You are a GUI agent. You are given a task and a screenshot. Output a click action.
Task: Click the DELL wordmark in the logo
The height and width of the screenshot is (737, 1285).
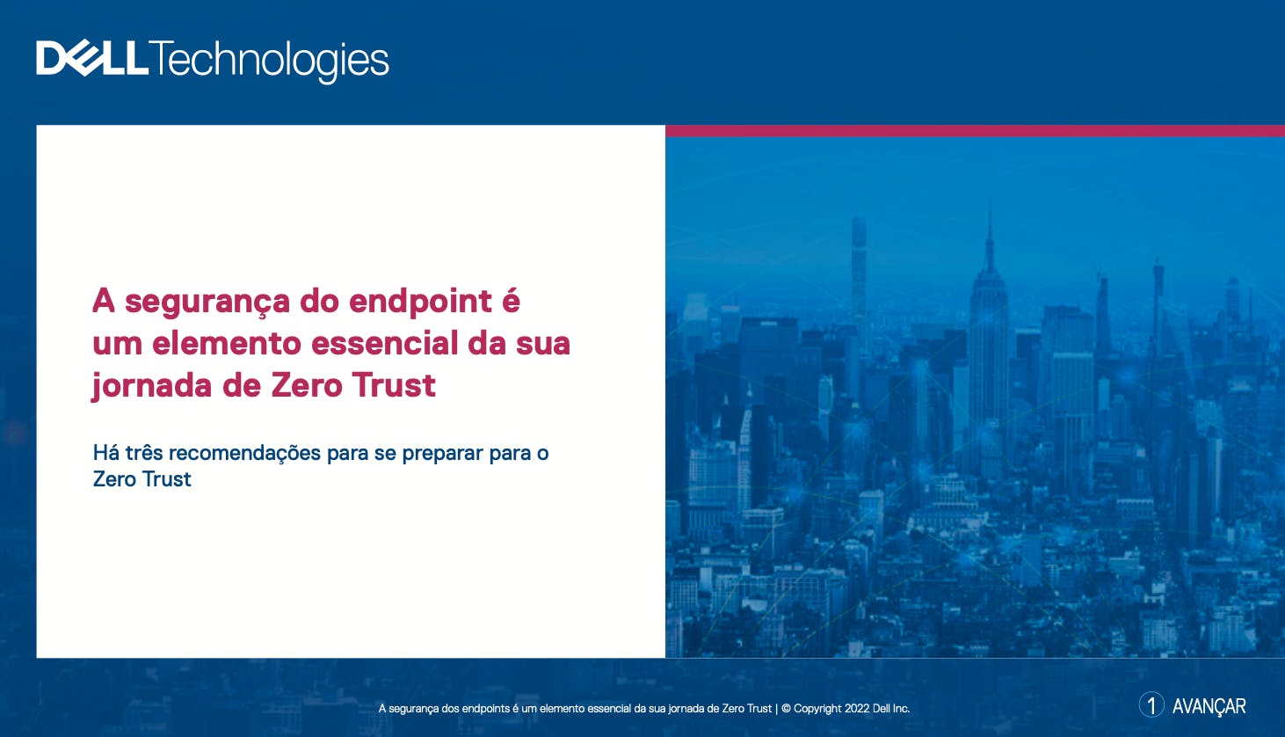[92, 58]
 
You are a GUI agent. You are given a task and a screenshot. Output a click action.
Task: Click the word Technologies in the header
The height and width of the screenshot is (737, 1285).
[269, 62]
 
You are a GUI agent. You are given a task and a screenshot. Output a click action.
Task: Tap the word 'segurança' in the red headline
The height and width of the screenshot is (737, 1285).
[207, 303]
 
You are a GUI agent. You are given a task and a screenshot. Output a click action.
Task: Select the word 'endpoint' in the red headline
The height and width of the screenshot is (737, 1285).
[420, 303]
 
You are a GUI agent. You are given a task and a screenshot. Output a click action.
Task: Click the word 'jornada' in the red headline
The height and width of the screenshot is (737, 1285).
[152, 386]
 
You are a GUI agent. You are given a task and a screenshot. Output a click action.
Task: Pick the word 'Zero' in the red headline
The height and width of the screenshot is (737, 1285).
[307, 385]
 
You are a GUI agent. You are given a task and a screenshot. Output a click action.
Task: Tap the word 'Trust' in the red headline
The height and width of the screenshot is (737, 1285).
[394, 385]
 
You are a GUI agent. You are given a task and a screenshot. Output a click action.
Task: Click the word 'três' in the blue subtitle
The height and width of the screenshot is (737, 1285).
[144, 453]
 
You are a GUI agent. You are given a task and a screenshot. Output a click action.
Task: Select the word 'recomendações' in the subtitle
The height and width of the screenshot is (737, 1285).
[245, 454]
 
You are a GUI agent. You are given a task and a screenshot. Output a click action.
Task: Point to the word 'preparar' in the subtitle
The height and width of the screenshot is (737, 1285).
[443, 455]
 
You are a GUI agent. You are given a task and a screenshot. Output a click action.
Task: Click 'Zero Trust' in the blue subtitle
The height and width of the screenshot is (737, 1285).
[142, 479]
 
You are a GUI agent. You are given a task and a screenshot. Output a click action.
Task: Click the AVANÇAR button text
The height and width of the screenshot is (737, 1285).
[1209, 706]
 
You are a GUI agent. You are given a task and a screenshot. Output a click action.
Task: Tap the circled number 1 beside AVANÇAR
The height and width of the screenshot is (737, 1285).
[1151, 704]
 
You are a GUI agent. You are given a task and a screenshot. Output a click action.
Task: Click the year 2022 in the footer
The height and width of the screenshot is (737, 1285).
[857, 708]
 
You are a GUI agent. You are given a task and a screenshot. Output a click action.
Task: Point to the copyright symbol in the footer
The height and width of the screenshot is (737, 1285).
[787, 708]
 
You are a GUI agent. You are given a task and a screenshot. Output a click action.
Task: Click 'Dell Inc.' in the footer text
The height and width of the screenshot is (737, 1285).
[891, 708]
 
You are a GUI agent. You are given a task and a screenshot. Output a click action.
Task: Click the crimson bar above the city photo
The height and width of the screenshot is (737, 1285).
[976, 131]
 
